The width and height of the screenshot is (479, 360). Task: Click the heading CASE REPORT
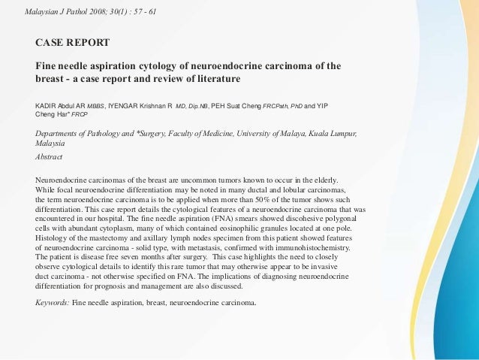pyautogui.click(x=73, y=42)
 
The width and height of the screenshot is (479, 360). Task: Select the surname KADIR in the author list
pyautogui.click(x=48, y=104)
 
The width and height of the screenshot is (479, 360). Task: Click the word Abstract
pyautogui.click(x=50, y=157)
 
